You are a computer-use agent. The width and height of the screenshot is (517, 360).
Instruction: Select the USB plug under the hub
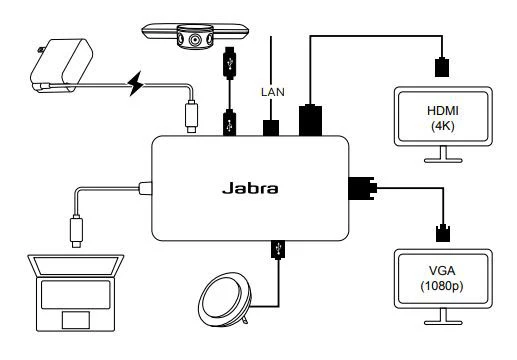[274, 248]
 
